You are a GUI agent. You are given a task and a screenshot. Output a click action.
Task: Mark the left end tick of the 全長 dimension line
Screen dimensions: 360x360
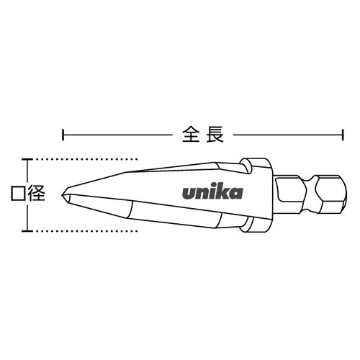(x=64, y=133)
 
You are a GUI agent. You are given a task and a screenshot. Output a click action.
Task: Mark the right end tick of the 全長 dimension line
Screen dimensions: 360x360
(x=341, y=133)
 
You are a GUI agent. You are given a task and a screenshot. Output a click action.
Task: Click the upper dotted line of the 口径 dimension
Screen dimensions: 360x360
(x=86, y=158)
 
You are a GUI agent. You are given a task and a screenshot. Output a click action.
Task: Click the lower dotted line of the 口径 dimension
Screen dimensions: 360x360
(x=86, y=230)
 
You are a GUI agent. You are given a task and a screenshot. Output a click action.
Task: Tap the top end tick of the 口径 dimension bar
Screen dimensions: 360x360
(x=28, y=158)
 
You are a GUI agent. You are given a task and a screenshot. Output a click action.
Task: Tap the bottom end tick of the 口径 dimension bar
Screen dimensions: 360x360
(x=28, y=230)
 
